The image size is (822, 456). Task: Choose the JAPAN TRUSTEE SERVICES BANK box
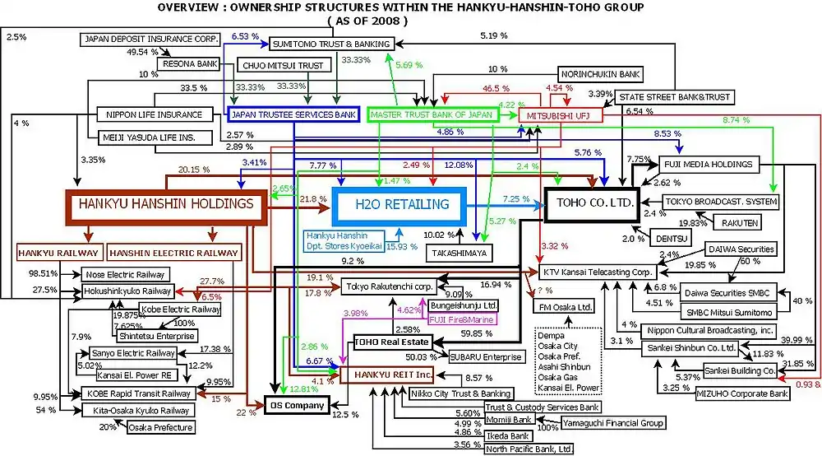[293, 114]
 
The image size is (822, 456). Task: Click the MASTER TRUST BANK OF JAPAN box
[431, 115]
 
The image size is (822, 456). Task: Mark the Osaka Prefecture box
[159, 427]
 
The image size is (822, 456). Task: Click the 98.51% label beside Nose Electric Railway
[42, 273]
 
